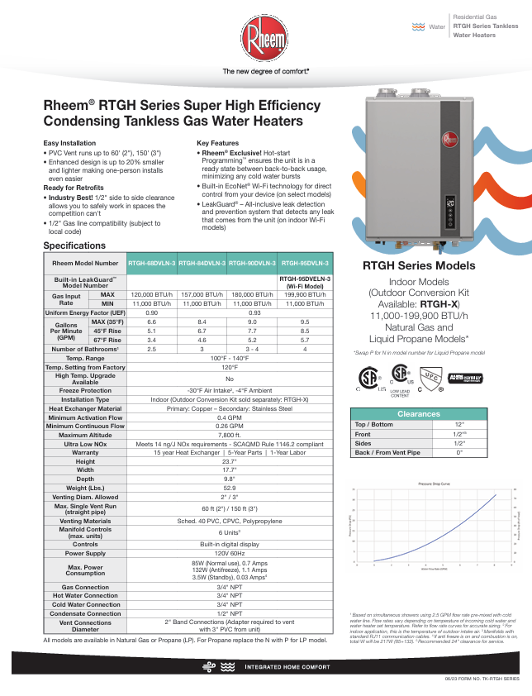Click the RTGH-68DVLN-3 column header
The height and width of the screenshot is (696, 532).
coord(152,263)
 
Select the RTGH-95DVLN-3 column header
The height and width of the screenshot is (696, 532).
coord(305,263)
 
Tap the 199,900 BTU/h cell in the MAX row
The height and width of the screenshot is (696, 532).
coord(305,294)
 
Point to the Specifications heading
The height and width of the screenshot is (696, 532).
coord(74,246)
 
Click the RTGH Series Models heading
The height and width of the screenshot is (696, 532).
coord(419,288)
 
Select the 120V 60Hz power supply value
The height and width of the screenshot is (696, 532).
coord(229,554)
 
